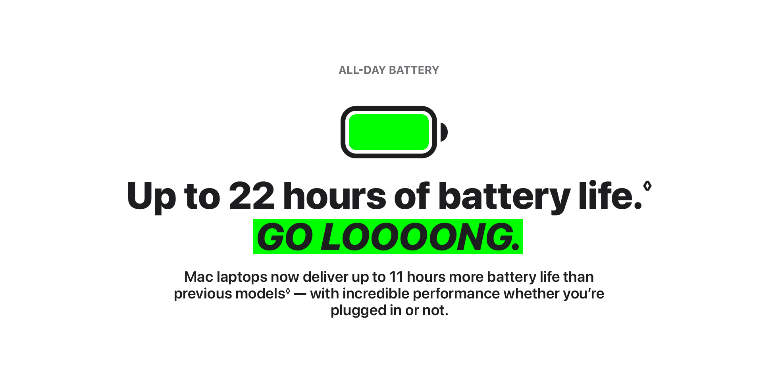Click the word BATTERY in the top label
[414, 70]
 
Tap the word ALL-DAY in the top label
[362, 70]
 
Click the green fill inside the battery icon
[389, 132]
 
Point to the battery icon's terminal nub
[444, 132]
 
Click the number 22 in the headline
[252, 196]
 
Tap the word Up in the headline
[151, 197]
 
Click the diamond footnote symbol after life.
[647, 186]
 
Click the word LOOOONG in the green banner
[417, 237]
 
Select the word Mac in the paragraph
[199, 277]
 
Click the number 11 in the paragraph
[396, 277]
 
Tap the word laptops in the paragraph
[242, 278]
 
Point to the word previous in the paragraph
[203, 294]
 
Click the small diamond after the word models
[288, 291]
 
